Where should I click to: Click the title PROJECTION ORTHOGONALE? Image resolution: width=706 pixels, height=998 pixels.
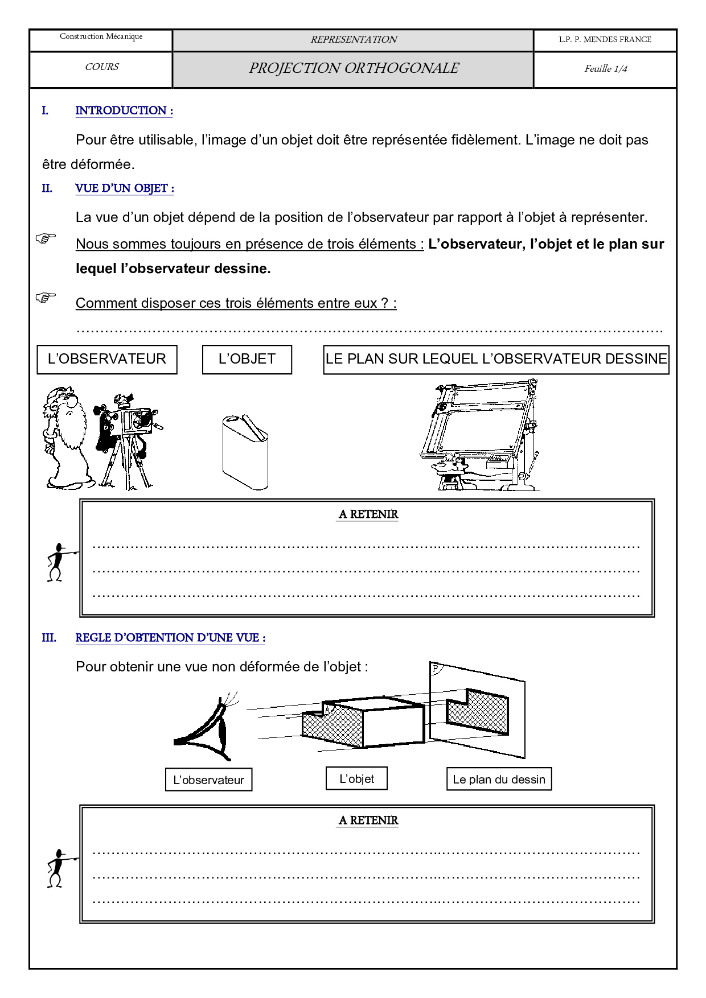pyautogui.click(x=353, y=68)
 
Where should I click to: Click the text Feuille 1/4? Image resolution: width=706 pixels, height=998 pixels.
pyautogui.click(x=605, y=69)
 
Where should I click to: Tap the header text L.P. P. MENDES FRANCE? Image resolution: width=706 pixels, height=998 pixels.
pyautogui.click(x=605, y=39)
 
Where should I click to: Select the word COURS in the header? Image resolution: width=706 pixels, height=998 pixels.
pyautogui.click(x=102, y=67)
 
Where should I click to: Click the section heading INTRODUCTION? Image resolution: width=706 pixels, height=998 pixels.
pyautogui.click(x=124, y=110)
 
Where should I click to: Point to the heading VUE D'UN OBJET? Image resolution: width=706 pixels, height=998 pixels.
pyautogui.click(x=124, y=188)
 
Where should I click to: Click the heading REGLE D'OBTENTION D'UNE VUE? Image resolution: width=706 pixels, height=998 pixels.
pyautogui.click(x=170, y=638)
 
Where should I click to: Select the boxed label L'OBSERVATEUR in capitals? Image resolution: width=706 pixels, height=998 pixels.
pyautogui.click(x=107, y=359)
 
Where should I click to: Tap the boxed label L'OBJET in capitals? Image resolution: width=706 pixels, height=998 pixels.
pyautogui.click(x=247, y=359)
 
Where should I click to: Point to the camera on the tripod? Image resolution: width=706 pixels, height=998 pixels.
pyautogui.click(x=128, y=435)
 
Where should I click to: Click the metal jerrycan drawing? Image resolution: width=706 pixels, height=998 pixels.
pyautogui.click(x=245, y=452)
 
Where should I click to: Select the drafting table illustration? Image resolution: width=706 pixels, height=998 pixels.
pyautogui.click(x=481, y=435)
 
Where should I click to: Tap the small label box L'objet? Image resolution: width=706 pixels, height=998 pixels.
pyautogui.click(x=356, y=778)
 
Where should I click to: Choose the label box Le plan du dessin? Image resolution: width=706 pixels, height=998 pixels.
pyautogui.click(x=499, y=780)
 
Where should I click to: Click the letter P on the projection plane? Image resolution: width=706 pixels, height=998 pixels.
pyautogui.click(x=436, y=668)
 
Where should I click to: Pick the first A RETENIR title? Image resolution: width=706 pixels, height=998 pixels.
pyautogui.click(x=368, y=514)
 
